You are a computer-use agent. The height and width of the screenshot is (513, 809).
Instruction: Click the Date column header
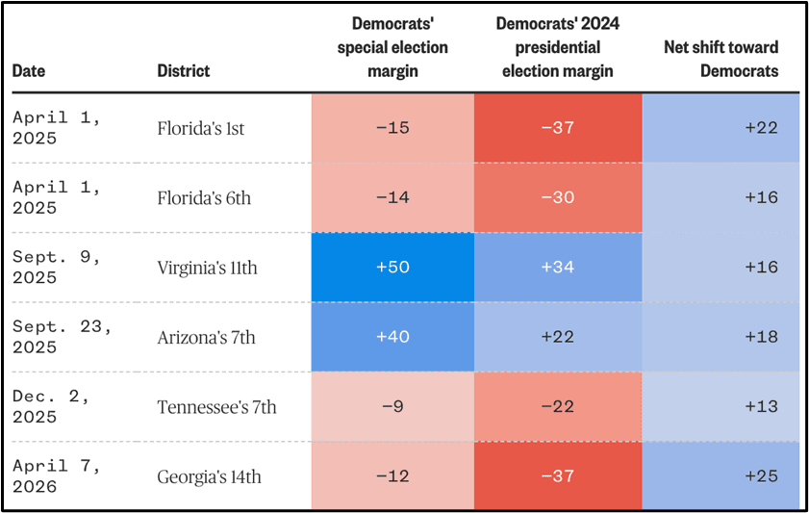pos(28,70)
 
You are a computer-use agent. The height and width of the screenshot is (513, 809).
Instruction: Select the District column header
pos(183,70)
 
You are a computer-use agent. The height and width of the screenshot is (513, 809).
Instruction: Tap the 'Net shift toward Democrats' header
pos(721,59)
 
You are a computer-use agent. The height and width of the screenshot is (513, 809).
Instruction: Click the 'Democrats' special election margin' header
pos(392,47)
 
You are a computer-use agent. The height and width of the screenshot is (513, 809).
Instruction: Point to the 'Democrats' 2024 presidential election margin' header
pos(558,47)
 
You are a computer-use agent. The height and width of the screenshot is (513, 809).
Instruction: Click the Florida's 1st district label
pos(201,128)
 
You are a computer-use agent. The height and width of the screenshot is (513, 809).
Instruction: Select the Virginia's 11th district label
pos(207,268)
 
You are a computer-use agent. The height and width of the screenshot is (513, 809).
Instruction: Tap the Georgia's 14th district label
pos(209,476)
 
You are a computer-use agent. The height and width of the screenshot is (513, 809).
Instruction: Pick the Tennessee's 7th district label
pos(216,407)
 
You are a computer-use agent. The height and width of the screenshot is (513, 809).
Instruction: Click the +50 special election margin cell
pos(392,268)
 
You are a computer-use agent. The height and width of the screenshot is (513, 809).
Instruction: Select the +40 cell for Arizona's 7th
pos(392,337)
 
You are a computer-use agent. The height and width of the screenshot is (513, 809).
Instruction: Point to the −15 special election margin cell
pos(392,128)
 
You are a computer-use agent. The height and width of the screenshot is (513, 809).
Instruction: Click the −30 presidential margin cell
pos(558,197)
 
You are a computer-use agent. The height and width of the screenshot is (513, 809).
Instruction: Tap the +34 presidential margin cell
pos(558,268)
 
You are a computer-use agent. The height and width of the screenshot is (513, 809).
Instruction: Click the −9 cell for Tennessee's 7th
pos(392,407)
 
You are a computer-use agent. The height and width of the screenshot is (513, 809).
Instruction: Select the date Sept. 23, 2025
pos(62,337)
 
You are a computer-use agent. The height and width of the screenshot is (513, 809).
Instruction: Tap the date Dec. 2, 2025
pos(51,407)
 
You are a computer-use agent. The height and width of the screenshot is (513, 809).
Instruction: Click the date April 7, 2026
pos(56,476)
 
